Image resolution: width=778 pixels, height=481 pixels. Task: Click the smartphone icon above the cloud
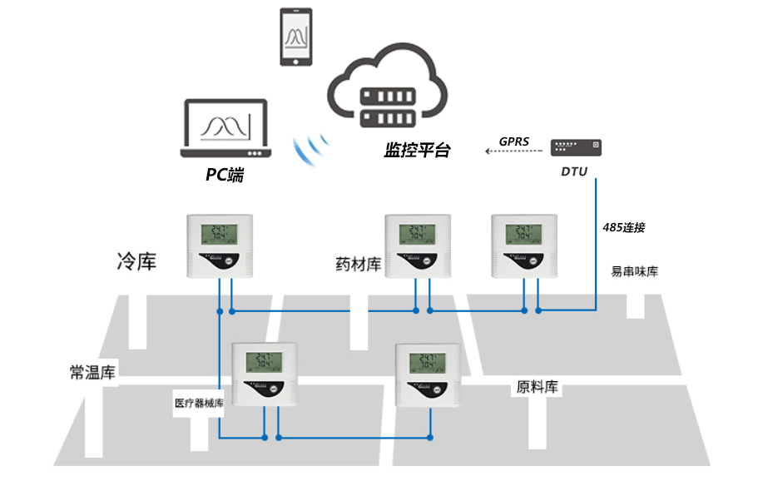[296, 38]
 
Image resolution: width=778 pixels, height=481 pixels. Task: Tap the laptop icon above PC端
[226, 130]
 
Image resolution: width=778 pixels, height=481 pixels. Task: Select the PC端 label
[225, 176]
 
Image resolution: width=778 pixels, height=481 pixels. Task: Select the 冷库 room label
[136, 262]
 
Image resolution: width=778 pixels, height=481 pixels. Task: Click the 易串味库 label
[634, 271]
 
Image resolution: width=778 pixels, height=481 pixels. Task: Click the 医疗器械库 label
[200, 404]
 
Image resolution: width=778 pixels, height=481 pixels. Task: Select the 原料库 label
[538, 387]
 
